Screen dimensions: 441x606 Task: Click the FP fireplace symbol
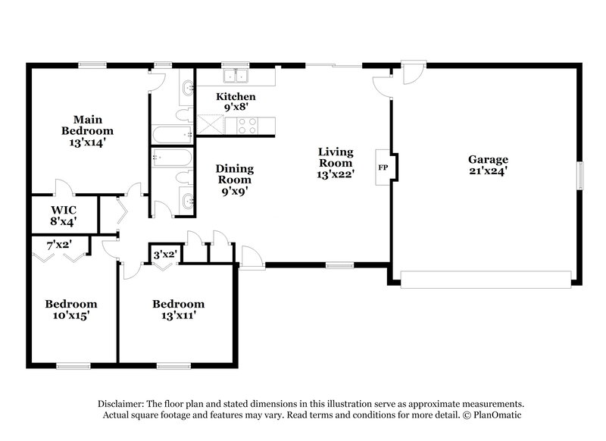point(383,166)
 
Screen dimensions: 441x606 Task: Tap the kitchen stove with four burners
point(246,125)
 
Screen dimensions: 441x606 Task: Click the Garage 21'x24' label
point(487,165)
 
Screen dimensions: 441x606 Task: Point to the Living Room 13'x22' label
point(335,163)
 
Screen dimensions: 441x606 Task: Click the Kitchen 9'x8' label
point(236,102)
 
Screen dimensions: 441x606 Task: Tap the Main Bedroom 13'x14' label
point(88,130)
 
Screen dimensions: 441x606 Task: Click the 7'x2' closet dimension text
point(59,246)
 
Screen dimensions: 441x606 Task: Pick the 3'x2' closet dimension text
point(164,255)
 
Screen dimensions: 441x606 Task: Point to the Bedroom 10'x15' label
point(71,309)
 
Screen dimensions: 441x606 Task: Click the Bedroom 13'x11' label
point(178,309)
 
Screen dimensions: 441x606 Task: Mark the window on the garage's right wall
point(582,176)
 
